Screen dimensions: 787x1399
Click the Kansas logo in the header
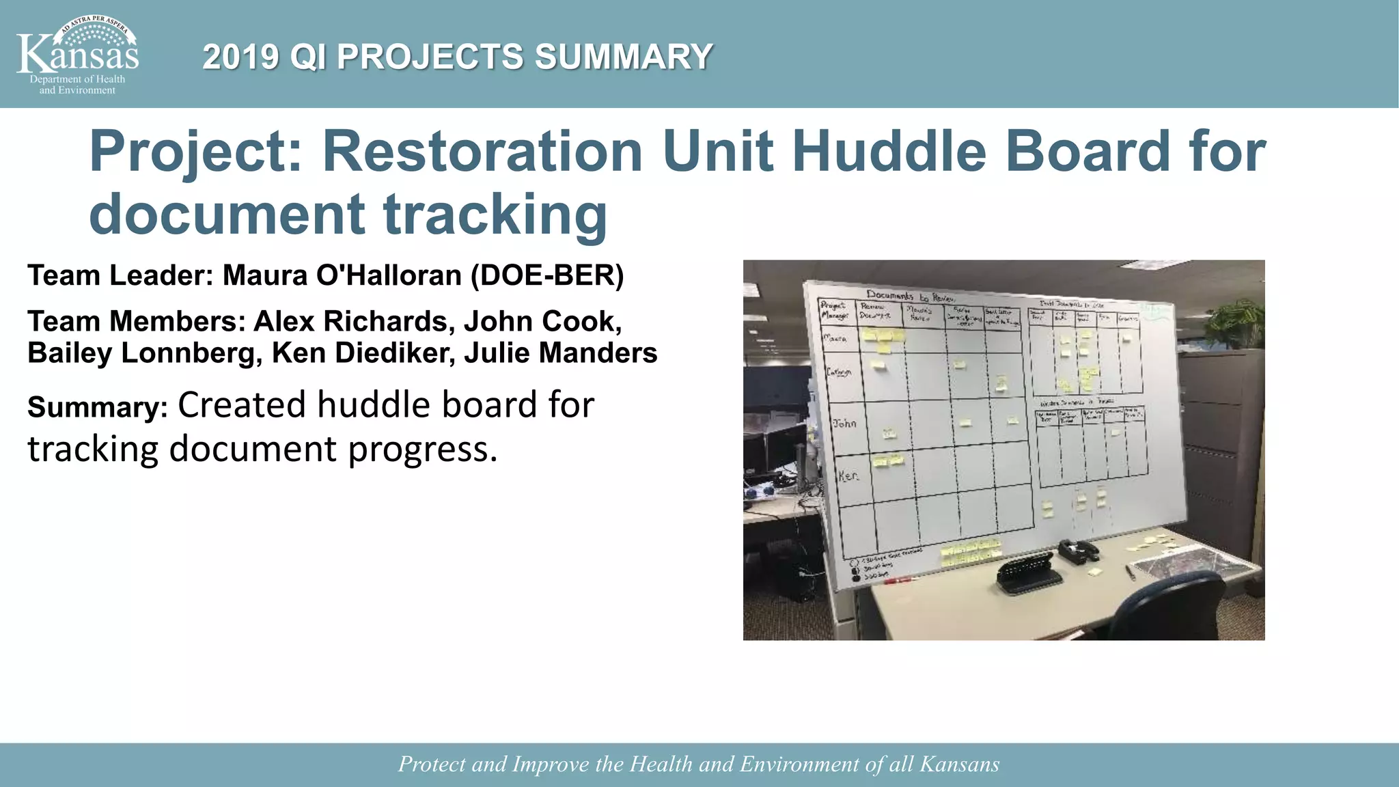(x=77, y=55)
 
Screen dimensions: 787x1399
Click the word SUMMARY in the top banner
(x=624, y=57)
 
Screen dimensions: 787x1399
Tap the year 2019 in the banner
(x=240, y=57)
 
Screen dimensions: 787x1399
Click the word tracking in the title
(x=495, y=215)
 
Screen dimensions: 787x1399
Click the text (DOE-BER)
(x=547, y=275)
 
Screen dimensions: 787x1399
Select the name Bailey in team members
(x=69, y=353)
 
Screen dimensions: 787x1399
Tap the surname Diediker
(x=391, y=353)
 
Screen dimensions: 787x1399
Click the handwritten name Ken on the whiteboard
(x=848, y=476)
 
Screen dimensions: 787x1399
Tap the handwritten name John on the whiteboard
(x=844, y=424)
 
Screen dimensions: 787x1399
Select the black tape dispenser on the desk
(x=1078, y=551)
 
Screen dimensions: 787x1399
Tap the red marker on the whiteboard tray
(x=901, y=580)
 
